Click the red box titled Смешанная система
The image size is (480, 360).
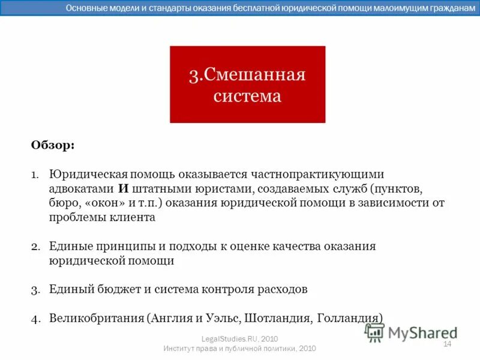click(247, 85)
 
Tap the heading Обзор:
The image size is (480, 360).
click(53, 145)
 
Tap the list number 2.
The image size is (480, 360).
click(35, 247)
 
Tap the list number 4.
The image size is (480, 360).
click(35, 318)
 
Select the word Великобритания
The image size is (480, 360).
click(96, 318)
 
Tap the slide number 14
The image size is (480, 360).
click(446, 344)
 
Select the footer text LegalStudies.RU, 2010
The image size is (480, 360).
click(239, 339)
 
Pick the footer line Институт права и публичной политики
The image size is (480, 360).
click(239, 349)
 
